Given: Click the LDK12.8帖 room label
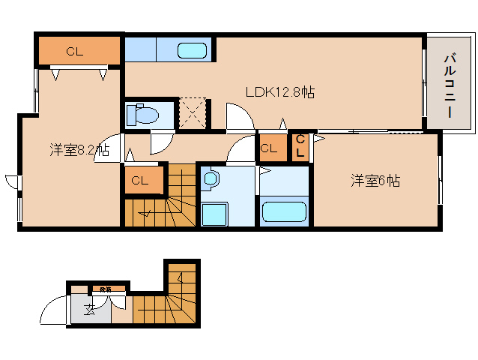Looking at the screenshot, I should (x=280, y=92).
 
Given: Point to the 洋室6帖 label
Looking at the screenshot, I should (x=375, y=180).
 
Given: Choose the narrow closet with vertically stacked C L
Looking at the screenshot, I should (x=300, y=145).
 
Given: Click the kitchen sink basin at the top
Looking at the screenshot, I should (x=193, y=51).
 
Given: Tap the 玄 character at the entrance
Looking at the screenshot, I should (x=89, y=310).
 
